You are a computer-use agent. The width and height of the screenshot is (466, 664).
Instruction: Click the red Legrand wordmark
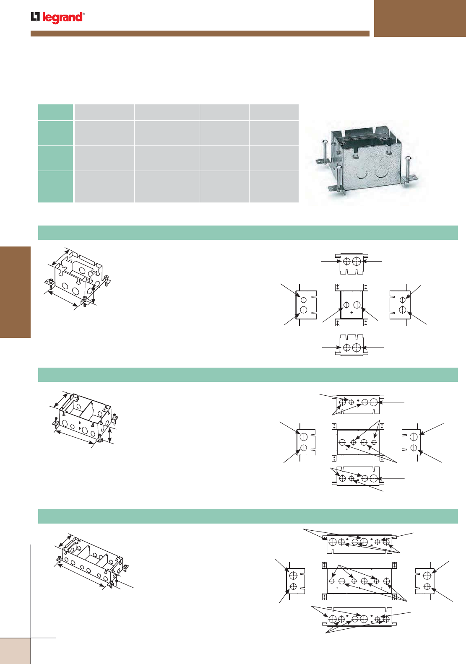pyautogui.click(x=63, y=18)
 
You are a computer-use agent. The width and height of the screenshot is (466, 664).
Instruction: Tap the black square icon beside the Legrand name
pyautogui.click(x=35, y=17)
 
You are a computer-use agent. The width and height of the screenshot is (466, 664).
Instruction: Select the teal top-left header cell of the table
pyautogui.click(x=55, y=112)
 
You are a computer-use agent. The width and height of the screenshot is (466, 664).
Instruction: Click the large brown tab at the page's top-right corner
pyautogui.click(x=420, y=18)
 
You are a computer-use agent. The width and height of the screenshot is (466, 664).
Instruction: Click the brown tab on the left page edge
pyautogui.click(x=15, y=292)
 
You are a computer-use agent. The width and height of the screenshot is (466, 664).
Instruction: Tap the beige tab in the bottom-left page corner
pyautogui.click(x=15, y=651)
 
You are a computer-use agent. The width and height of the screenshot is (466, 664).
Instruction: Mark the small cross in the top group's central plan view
pyautogui.click(x=351, y=312)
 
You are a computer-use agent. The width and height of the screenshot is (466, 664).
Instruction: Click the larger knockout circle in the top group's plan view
pyautogui.click(x=357, y=305)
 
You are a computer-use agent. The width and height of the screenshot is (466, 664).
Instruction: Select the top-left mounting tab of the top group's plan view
pyautogui.click(x=338, y=287)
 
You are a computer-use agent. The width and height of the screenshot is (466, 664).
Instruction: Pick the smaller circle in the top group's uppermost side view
pyautogui.click(x=346, y=262)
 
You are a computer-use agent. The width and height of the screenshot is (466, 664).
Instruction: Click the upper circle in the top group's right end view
pyautogui.click(x=403, y=300)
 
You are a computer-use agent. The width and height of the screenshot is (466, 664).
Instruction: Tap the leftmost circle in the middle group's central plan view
pyautogui.click(x=342, y=442)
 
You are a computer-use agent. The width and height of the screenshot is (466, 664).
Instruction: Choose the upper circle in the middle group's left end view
pyautogui.click(x=303, y=437)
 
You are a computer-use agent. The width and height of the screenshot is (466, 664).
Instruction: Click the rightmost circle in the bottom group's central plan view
pyautogui.click(x=386, y=581)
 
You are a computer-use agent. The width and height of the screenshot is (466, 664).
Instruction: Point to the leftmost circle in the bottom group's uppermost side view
pyautogui.click(x=333, y=542)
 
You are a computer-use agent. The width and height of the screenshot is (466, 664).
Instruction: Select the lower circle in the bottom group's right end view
pyautogui.click(x=427, y=586)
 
